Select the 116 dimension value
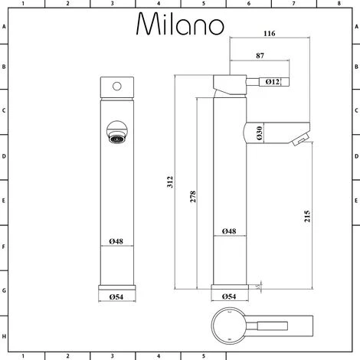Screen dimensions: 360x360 coord(268,34)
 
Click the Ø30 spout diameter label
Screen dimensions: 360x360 coord(260,133)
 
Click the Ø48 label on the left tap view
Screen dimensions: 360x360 coord(116,242)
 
